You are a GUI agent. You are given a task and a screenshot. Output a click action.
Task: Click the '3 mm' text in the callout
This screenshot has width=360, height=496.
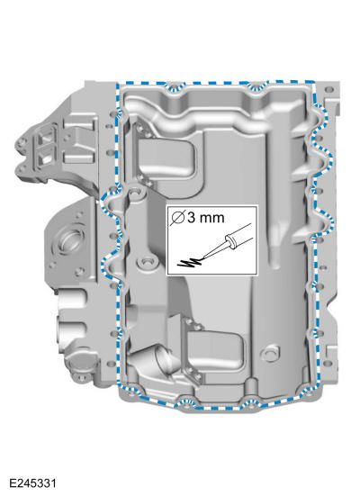point(206,218)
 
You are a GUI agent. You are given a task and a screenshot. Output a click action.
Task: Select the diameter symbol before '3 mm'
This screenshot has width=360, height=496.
point(177,218)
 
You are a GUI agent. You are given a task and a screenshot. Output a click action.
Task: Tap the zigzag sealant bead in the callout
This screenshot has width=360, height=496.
point(191,262)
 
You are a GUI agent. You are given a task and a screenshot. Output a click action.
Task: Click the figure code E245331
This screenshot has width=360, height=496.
point(32,483)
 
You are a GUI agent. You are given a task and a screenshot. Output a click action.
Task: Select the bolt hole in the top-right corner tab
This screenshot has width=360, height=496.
point(329,89)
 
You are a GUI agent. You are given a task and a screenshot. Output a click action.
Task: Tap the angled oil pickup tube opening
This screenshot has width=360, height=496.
point(165,360)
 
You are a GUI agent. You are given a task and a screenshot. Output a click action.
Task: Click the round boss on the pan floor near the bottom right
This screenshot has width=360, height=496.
point(270,353)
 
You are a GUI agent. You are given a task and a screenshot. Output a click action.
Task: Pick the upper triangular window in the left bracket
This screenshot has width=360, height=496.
point(42,138)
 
